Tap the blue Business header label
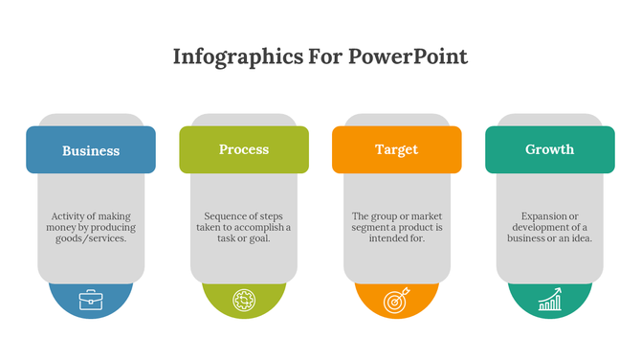(91, 150)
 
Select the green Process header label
(244, 149)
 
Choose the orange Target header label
(396, 149)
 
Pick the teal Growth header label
(550, 149)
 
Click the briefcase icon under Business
(91, 301)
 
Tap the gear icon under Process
(244, 301)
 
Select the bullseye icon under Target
(396, 301)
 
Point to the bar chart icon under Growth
(550, 301)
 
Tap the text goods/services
(91, 238)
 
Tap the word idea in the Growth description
(581, 238)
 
